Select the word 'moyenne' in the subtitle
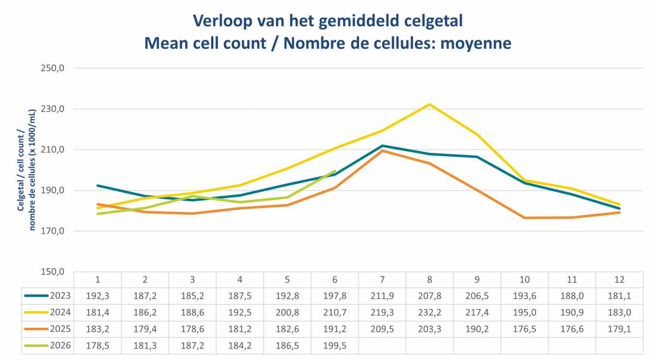click(476, 43)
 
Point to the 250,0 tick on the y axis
click(52, 68)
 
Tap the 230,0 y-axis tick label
click(52, 109)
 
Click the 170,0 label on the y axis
click(52, 231)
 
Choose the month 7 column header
click(382, 280)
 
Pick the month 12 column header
click(619, 280)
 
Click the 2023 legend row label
click(60, 296)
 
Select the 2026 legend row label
click(60, 346)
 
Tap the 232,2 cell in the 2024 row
click(430, 312)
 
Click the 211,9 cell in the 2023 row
click(382, 296)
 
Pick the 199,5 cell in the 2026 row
click(335, 346)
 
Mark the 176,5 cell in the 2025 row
click(524, 329)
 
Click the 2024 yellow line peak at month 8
click(430, 104)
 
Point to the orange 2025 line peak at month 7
click(382, 151)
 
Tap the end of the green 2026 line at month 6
click(335, 171)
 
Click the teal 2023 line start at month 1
click(97, 186)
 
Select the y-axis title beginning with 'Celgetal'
click(26, 170)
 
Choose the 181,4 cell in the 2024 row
click(97, 312)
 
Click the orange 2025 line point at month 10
click(524, 218)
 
